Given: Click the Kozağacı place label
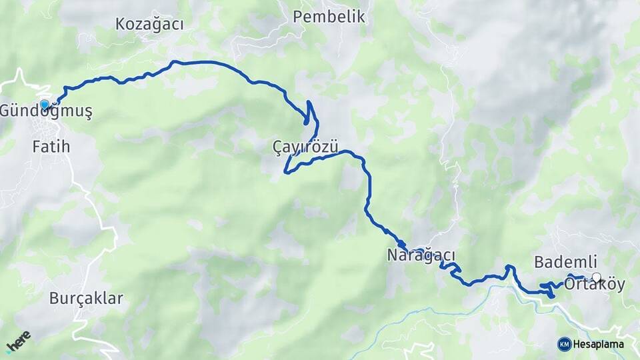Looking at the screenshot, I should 149,24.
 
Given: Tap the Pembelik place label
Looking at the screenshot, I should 329,17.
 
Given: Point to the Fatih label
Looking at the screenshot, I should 51,147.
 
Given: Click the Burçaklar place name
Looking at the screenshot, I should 86,298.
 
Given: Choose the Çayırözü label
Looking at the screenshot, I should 306,146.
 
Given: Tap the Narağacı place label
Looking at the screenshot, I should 421,255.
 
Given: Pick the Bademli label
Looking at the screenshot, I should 565,262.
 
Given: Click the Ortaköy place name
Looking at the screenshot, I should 594,285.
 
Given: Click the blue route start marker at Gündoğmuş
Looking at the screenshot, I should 45,105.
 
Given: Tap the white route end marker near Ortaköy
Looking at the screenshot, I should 596,277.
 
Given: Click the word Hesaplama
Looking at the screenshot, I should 599,344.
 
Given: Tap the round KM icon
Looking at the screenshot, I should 564,344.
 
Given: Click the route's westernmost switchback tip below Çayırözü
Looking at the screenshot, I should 285,172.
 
